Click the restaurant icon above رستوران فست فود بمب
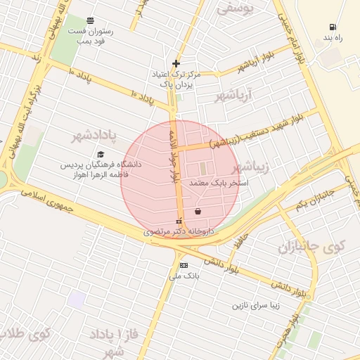coord(90,21)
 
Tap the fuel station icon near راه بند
coord(331,27)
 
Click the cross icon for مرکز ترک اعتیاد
coord(176,63)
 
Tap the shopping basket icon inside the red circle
coord(198,211)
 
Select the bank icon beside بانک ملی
coord(184,265)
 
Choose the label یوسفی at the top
coord(233,9)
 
